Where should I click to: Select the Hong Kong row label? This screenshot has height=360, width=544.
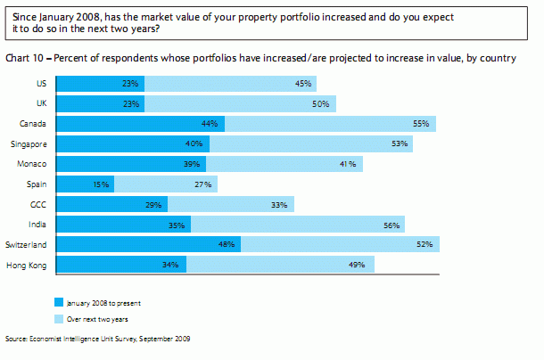[26, 265]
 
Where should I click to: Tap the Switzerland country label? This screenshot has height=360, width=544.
[27, 244]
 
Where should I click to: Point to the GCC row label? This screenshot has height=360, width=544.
[37, 204]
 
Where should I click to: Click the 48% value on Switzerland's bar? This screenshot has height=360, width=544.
[228, 244]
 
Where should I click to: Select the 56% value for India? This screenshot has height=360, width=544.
[391, 225]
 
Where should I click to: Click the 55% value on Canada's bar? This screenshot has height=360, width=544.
[421, 124]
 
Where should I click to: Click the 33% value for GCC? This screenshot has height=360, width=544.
[278, 204]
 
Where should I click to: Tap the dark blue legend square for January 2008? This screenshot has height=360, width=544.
[60, 302]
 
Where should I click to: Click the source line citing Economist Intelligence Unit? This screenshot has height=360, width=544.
[97, 339]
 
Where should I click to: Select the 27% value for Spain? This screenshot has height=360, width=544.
[202, 184]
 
